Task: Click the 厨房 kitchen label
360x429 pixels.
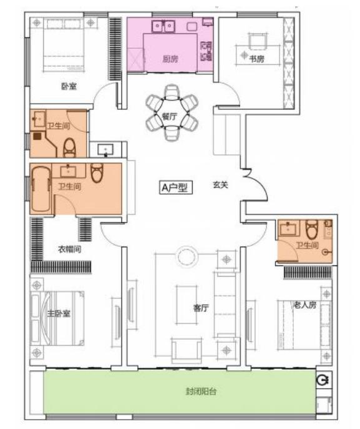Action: pos(170,59)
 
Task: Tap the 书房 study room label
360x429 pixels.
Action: pos(256,59)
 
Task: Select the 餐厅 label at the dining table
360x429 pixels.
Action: pos(170,117)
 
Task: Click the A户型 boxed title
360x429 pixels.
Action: pos(176,187)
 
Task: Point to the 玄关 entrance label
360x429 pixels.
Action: pos(220,185)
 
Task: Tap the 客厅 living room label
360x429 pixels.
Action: pos(201,308)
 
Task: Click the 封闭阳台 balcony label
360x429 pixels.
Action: pos(201,392)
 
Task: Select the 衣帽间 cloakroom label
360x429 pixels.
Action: pos(69,249)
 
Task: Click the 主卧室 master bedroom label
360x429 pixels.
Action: pos(59,313)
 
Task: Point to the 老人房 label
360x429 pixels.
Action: pos(305,305)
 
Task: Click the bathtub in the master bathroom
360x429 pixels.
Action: pos(41,189)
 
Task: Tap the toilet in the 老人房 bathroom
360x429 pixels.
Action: pos(312,229)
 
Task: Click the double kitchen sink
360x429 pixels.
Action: pos(163,26)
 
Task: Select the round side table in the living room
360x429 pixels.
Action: pos(187,257)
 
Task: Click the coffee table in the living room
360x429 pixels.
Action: pos(187,305)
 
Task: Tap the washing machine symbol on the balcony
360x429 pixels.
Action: pos(324,380)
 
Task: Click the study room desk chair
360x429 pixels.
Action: pos(258,41)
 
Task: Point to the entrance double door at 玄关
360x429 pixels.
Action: pos(255,185)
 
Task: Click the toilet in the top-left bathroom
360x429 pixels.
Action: pos(70,148)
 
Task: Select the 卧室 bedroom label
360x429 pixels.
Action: pos(69,86)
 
